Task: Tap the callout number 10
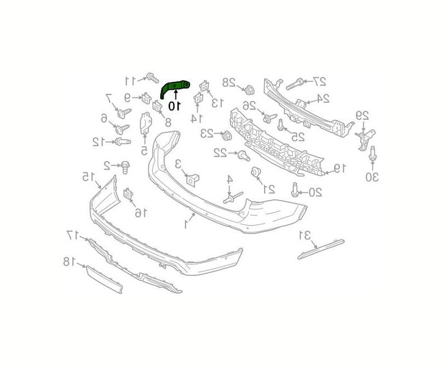coord(174,106)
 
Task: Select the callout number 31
coord(304,235)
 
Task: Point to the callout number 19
coord(340,167)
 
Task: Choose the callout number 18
coord(68,262)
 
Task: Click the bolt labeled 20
coord(295,190)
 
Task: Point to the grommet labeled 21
coord(257,173)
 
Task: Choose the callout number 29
coord(363,115)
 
